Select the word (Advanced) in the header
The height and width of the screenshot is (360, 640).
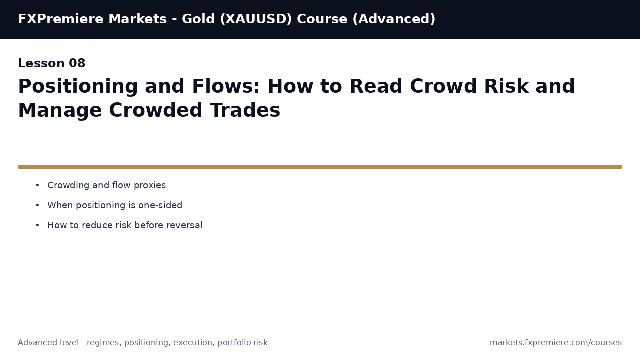(x=393, y=19)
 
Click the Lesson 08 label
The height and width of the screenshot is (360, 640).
(x=52, y=64)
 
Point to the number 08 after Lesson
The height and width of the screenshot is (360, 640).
(x=77, y=64)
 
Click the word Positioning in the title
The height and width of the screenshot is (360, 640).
(x=77, y=87)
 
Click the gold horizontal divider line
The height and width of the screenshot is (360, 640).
(x=320, y=167)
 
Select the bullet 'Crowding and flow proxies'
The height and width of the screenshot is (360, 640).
(x=106, y=186)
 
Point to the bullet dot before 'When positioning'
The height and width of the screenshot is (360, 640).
(x=37, y=206)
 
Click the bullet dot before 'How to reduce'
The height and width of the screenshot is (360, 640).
(x=37, y=226)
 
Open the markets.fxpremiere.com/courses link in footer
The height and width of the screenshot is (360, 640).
(x=555, y=343)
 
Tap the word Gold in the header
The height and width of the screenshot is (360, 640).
(x=198, y=19)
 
